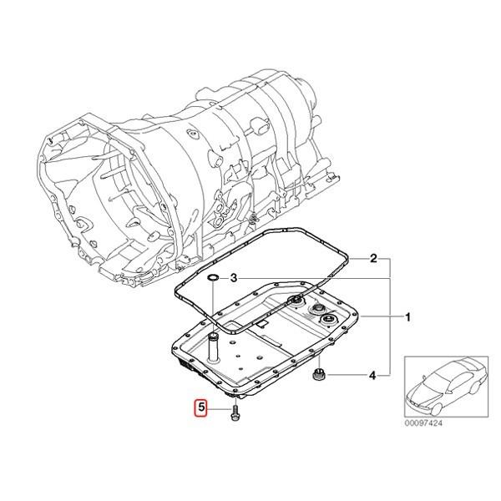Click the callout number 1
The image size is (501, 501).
[x=407, y=318]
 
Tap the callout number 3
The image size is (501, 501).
[x=235, y=277]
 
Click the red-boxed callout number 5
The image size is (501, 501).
[x=200, y=408]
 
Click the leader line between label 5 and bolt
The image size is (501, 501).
[x=220, y=409]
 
